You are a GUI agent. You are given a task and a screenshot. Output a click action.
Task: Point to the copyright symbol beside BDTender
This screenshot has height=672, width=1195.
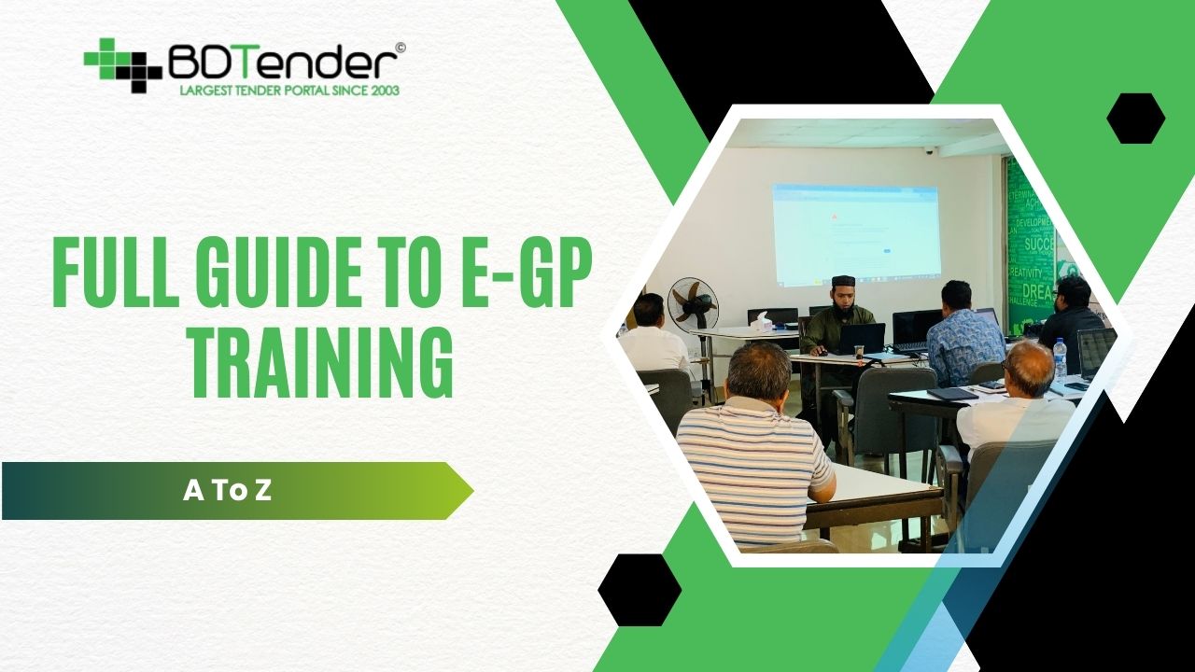pos(401,48)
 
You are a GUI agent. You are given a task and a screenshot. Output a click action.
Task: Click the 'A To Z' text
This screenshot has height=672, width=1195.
pos(228,491)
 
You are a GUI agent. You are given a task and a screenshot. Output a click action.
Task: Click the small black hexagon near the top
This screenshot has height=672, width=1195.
pos(1135,119)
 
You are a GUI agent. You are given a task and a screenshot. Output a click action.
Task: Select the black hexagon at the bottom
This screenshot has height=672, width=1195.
pos(640,590)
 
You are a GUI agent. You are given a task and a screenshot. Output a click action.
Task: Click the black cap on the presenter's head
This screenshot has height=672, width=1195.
pos(844,281)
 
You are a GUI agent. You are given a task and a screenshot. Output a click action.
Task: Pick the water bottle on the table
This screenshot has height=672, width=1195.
pos(1060,358)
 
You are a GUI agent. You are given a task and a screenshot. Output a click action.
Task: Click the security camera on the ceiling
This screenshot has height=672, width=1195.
pos(927,150)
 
